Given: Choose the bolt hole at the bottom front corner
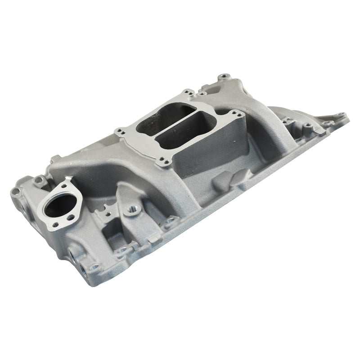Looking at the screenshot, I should click(x=94, y=267).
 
